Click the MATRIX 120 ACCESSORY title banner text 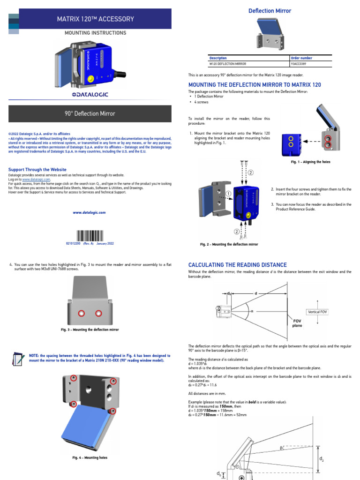coord(95,19)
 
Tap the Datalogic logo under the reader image coord(90,94)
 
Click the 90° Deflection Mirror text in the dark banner coord(90,113)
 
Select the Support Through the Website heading coord(37,170)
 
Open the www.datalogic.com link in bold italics coord(89,212)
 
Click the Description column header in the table coord(218,58)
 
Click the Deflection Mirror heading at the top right coord(270,11)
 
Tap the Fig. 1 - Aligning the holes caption coord(310,162)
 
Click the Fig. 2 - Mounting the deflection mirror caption coord(229,244)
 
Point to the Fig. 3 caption coord(90,330)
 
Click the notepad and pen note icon coord(18,359)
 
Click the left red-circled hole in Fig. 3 coord(81,313)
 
